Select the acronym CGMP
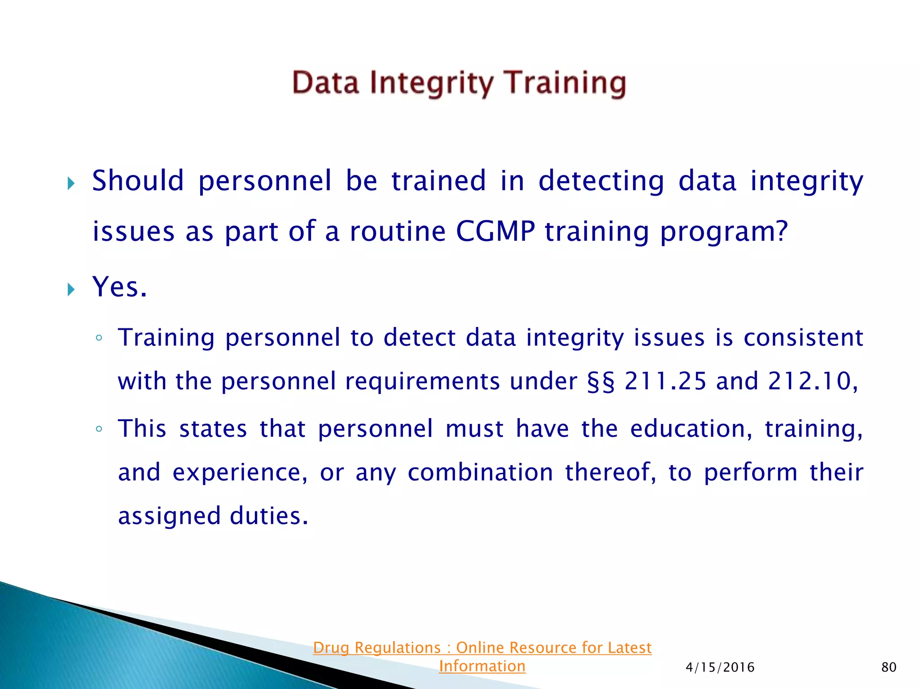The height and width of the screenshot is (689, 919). coord(495,231)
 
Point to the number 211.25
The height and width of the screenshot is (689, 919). coord(665,381)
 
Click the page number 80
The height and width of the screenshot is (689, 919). coord(888,667)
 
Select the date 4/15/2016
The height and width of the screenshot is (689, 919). coord(720,667)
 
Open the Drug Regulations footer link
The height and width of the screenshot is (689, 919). coord(482,648)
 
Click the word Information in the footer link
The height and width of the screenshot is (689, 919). coord(482,666)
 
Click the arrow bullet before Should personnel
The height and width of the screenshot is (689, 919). coord(71,183)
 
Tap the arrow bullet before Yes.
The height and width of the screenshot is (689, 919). coord(71,289)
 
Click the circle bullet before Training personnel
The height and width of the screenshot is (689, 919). coord(99,339)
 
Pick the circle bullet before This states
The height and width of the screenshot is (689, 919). coord(99,429)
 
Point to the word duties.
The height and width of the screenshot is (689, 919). coord(269,516)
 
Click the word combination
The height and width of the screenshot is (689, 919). coord(480,472)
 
